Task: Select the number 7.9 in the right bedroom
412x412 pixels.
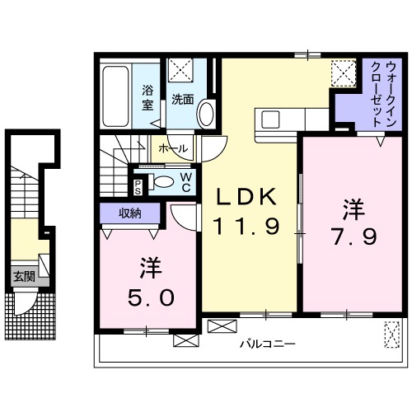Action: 355,236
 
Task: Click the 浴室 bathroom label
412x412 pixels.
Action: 148,97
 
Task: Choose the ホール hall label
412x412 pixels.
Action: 172,148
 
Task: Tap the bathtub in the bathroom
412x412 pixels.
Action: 118,96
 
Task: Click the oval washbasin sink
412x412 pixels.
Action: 205,113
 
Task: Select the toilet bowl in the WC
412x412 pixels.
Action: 164,182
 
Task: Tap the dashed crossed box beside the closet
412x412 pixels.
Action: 341,73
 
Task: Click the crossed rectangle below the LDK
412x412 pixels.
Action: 221,325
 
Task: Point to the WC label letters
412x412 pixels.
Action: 186,181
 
